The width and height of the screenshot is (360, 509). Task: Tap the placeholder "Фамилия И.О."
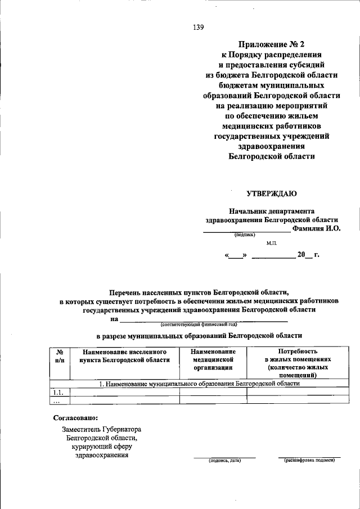tap(317, 229)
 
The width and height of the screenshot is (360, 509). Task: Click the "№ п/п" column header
tap(60, 355)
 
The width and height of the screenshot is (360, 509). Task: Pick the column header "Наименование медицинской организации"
tap(213, 359)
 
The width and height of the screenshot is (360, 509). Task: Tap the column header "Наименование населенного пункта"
tap(124, 355)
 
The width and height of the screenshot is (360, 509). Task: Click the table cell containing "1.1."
tap(59, 392)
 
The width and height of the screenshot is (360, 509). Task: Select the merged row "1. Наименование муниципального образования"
tap(199, 384)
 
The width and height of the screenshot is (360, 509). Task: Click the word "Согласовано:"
tap(75, 418)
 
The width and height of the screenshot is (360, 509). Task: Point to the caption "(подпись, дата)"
tap(224, 460)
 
